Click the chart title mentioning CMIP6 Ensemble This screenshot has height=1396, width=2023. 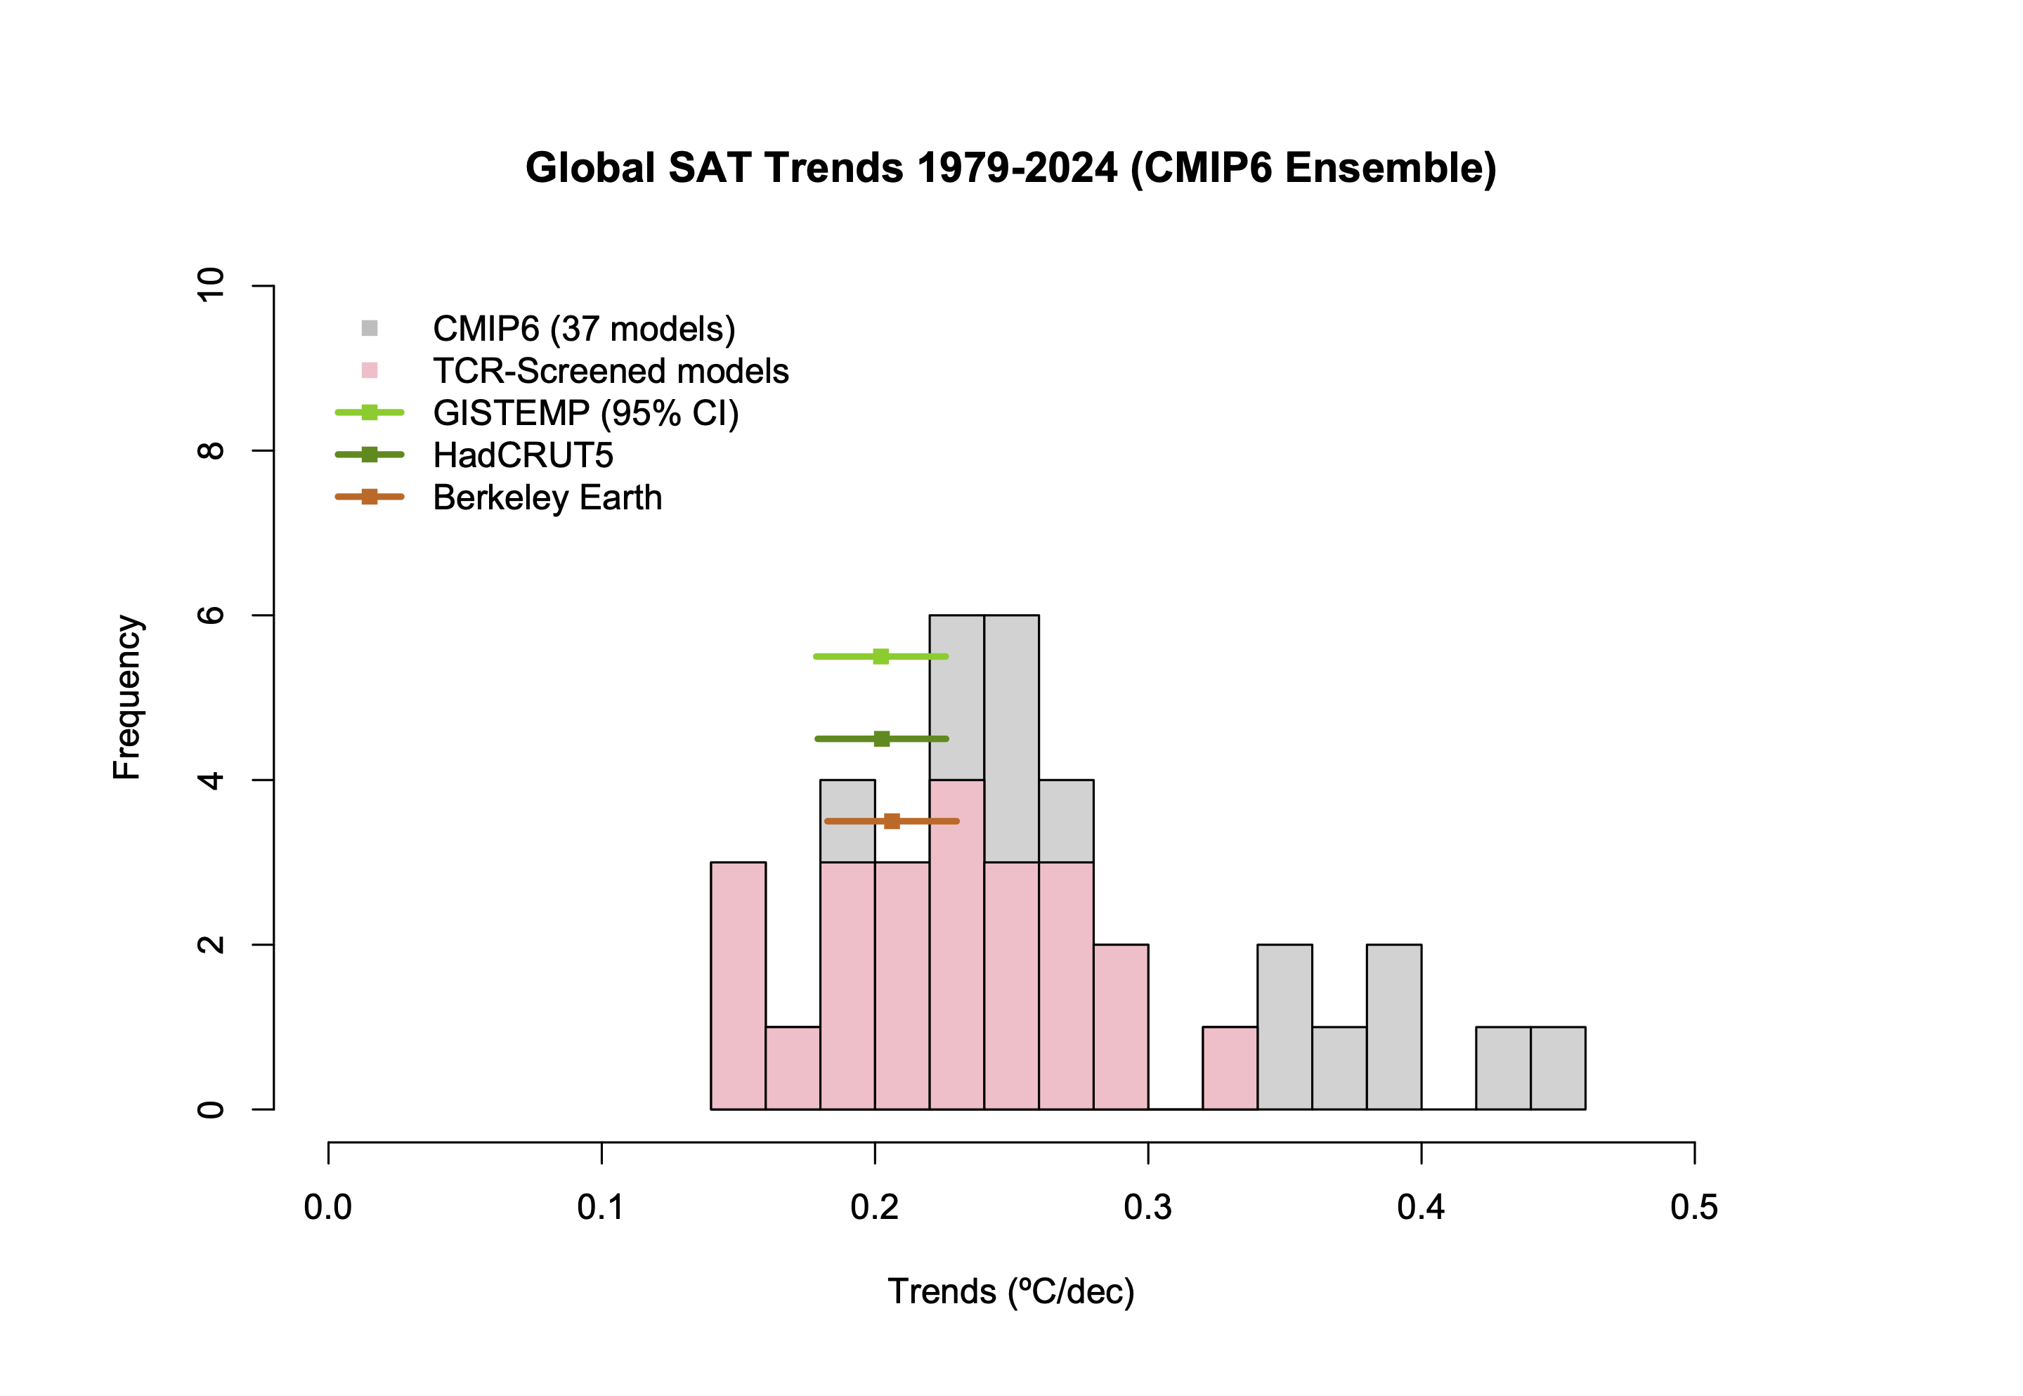click(x=1010, y=168)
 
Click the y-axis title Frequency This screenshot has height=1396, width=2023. click(x=128, y=696)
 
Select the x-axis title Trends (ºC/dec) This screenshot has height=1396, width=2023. click(x=1010, y=1291)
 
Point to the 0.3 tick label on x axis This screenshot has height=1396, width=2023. click(x=1147, y=1207)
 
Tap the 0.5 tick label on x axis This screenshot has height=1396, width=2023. click(x=1693, y=1207)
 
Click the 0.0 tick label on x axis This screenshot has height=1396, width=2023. click(x=328, y=1207)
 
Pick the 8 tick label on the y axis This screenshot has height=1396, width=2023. click(x=212, y=450)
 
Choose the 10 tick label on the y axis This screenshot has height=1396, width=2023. click(x=212, y=285)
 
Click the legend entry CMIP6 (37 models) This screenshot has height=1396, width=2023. click(x=583, y=329)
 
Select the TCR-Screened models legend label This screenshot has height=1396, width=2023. click(x=611, y=371)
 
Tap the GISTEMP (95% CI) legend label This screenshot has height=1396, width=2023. click(x=585, y=413)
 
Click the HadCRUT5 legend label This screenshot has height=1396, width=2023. click(x=523, y=455)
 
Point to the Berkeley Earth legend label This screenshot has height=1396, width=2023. click(x=547, y=497)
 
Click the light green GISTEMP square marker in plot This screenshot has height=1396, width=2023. click(x=880, y=656)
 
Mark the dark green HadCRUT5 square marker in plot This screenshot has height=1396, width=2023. click(x=882, y=739)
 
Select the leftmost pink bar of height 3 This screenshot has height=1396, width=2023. click(x=739, y=986)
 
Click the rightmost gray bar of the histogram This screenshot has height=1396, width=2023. click(x=1558, y=1068)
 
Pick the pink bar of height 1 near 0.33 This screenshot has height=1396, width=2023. click(x=1230, y=1068)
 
